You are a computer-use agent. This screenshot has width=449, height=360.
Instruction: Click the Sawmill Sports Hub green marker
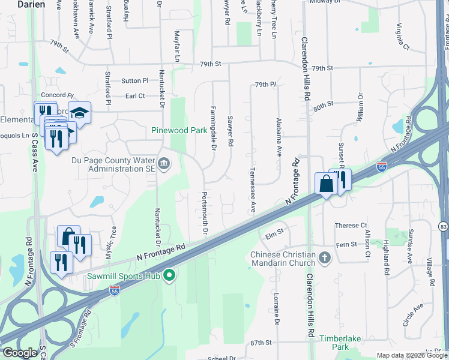[x=169, y=276]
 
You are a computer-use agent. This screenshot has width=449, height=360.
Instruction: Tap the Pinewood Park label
[x=179, y=130]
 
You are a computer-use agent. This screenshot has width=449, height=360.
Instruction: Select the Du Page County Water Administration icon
[x=163, y=163]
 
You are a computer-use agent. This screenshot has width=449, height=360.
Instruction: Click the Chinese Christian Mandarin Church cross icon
[x=324, y=258]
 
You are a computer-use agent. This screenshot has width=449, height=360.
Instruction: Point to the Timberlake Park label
[x=340, y=343]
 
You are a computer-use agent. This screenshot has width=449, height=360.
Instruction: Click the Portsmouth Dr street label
[x=205, y=214]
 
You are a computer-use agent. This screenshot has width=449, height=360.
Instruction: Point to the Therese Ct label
[x=351, y=226]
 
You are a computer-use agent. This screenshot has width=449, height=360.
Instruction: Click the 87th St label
[x=261, y=343]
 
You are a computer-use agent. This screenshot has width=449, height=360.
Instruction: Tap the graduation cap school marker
[x=79, y=112]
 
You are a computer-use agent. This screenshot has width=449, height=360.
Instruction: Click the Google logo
[x=20, y=353]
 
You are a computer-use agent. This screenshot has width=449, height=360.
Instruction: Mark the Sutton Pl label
[x=134, y=80]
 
